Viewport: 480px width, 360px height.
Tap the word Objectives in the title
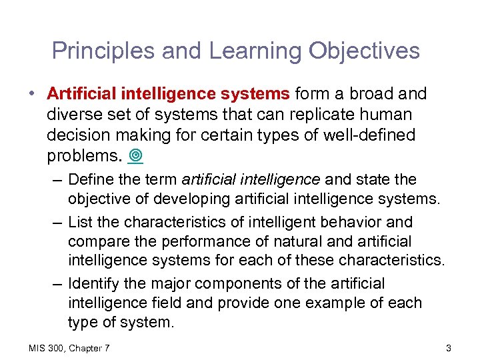click(361, 51)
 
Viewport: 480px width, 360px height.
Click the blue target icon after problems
click(137, 157)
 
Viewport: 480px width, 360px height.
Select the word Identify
click(95, 283)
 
